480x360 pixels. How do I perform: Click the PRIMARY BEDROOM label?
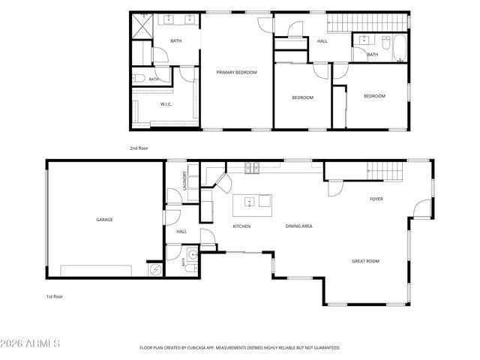point(237,73)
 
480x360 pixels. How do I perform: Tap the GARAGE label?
point(104,220)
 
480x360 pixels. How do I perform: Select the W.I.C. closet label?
point(166,104)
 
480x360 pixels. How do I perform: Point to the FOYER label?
point(376,199)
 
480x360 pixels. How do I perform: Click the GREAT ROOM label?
point(365,261)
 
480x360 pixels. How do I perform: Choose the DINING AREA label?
point(298,226)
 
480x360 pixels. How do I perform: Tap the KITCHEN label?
point(241,226)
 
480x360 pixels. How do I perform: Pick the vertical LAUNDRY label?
point(184,181)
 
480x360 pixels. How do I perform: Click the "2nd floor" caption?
point(139,148)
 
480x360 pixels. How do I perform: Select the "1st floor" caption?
point(55,297)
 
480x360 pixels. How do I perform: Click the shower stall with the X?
point(142,26)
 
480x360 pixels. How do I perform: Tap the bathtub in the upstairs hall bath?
point(400,48)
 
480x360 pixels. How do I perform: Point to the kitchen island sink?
point(250,202)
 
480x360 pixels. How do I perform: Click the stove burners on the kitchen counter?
point(252,168)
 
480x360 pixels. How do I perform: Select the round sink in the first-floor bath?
point(193,254)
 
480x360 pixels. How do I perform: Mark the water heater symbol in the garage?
point(155,270)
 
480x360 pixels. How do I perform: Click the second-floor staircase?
point(367,22)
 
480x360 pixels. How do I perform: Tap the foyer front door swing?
point(422,208)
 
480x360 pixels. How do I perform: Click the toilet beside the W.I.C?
point(139,78)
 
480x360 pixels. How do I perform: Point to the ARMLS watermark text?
point(30,343)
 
